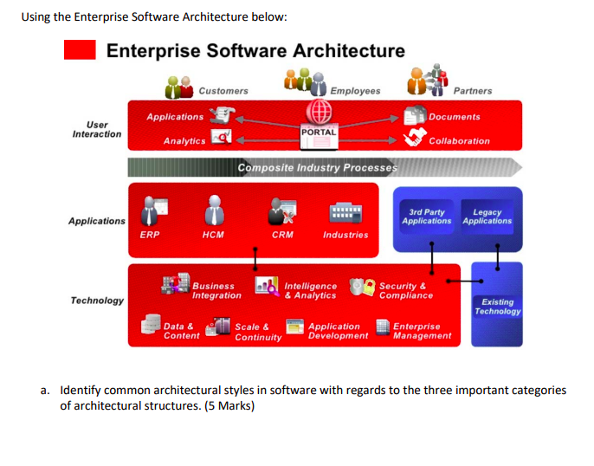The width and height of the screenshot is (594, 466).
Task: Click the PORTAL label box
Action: pyautogui.click(x=317, y=132)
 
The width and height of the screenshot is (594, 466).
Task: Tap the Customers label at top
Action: pyautogui.click(x=223, y=91)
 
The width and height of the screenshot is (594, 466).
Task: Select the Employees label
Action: pyautogui.click(x=354, y=91)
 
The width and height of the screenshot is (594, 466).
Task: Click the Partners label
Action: pyautogui.click(x=472, y=91)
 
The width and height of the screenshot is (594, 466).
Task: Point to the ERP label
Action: pyautogui.click(x=149, y=235)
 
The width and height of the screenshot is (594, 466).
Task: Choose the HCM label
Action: pyautogui.click(x=212, y=235)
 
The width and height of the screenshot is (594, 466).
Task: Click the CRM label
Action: pyautogui.click(x=282, y=235)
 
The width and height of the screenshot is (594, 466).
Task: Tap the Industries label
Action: pyautogui.click(x=345, y=235)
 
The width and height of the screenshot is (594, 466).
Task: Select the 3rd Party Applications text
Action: pyautogui.click(x=426, y=217)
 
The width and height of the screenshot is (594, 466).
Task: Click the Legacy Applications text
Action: pyautogui.click(x=487, y=217)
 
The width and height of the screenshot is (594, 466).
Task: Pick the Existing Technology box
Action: pyautogui.click(x=497, y=307)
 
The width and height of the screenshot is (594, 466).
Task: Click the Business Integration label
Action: pyautogui.click(x=216, y=291)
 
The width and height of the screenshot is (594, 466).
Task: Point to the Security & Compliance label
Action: pyautogui.click(x=405, y=291)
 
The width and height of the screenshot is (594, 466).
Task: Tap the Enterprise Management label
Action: pyautogui.click(x=422, y=331)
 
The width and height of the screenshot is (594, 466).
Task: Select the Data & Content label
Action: pyautogui.click(x=181, y=331)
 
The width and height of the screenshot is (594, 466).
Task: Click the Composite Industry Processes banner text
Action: pyautogui.click(x=317, y=167)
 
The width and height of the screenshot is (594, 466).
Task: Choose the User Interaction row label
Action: pyautogui.click(x=96, y=129)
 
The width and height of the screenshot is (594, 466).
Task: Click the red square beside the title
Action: pyautogui.click(x=80, y=51)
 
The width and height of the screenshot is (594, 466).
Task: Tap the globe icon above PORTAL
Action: pyautogui.click(x=317, y=113)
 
